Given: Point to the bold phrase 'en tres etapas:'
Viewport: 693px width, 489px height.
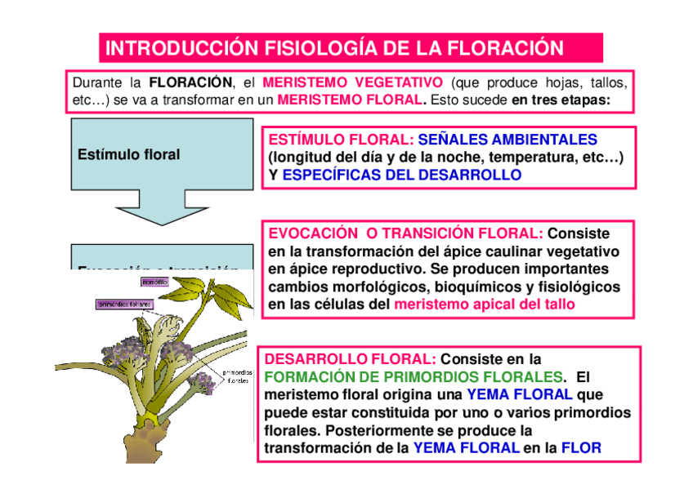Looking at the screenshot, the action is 561,100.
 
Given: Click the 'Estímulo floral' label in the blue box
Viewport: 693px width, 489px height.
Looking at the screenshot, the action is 128,154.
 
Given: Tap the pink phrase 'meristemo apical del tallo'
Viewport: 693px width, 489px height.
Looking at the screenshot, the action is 485,305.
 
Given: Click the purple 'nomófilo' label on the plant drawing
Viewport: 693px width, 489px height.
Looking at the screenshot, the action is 154,282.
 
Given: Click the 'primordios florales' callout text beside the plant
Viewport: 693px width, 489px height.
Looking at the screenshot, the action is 238,376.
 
